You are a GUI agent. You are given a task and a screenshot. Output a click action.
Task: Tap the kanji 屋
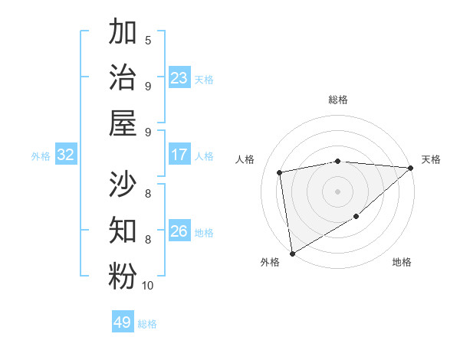click(x=123, y=124)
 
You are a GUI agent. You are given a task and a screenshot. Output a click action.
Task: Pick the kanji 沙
click(x=123, y=185)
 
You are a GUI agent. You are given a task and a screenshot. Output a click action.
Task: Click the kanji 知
click(x=123, y=231)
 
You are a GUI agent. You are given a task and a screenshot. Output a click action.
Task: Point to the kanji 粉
click(x=123, y=277)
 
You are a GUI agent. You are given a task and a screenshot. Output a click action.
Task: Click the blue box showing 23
click(x=179, y=78)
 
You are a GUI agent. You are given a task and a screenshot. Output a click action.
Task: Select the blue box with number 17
click(x=179, y=155)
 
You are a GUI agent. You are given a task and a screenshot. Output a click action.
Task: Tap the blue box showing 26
click(x=179, y=231)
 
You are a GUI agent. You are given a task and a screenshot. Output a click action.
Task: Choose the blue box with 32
click(x=66, y=155)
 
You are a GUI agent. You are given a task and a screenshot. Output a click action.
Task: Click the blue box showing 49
click(x=123, y=322)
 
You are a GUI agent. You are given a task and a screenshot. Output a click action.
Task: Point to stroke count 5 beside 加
click(x=148, y=41)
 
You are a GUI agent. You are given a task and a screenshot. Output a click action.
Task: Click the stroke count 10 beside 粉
click(x=148, y=286)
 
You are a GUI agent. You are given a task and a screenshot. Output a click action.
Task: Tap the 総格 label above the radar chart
click(x=338, y=100)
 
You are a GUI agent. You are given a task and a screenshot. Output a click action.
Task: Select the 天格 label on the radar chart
click(x=431, y=159)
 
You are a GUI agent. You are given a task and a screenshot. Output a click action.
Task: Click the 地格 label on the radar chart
click(x=402, y=262)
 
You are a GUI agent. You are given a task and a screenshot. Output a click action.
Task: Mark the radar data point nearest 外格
click(x=292, y=253)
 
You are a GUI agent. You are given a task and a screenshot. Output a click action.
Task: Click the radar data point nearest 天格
click(x=410, y=168)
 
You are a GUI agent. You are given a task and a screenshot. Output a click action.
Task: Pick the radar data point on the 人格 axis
click(x=281, y=172)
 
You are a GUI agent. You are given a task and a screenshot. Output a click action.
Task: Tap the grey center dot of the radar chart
click(x=338, y=191)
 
